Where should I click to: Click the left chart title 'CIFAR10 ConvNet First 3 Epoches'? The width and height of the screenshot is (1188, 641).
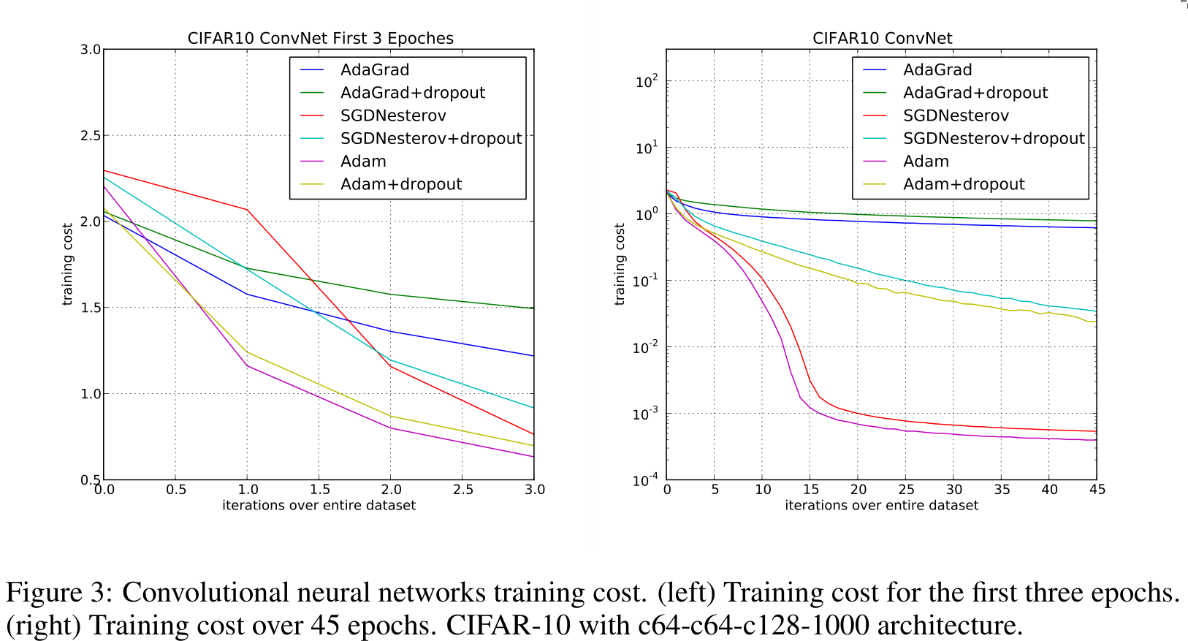tap(320, 38)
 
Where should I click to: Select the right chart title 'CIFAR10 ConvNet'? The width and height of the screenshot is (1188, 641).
tap(882, 38)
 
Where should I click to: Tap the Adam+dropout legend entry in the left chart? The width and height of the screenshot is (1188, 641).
tap(400, 184)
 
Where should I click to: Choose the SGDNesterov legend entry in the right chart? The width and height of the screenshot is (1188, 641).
tap(955, 115)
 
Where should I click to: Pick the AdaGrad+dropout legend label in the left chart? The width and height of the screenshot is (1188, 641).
tap(412, 93)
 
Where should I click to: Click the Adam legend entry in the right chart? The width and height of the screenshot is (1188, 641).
tap(926, 162)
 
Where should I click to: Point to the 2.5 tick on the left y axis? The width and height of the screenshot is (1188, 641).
tap(91, 136)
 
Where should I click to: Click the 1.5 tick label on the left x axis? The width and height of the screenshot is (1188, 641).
tap(319, 490)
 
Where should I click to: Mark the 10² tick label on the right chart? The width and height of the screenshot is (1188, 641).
tap(647, 81)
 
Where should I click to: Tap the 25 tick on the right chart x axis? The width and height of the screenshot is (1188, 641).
tap(906, 490)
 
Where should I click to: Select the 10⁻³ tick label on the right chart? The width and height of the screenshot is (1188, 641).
tap(645, 414)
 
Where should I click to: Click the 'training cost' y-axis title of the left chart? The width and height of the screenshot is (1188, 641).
tap(67, 265)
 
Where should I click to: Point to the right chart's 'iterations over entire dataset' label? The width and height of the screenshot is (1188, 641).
tap(881, 505)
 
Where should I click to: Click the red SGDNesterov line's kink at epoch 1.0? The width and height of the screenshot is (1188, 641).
tap(248, 210)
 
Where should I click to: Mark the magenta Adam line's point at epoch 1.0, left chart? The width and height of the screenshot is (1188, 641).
tap(248, 365)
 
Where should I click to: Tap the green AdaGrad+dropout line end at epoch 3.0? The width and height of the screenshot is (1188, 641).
tap(533, 308)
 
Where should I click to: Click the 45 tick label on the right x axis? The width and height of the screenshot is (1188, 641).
tap(1097, 490)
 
